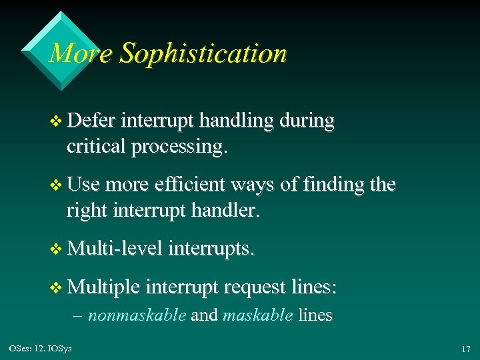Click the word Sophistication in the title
(203, 53)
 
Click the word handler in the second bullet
(227, 211)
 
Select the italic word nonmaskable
(137, 315)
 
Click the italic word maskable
(257, 315)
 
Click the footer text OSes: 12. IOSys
(41, 348)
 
